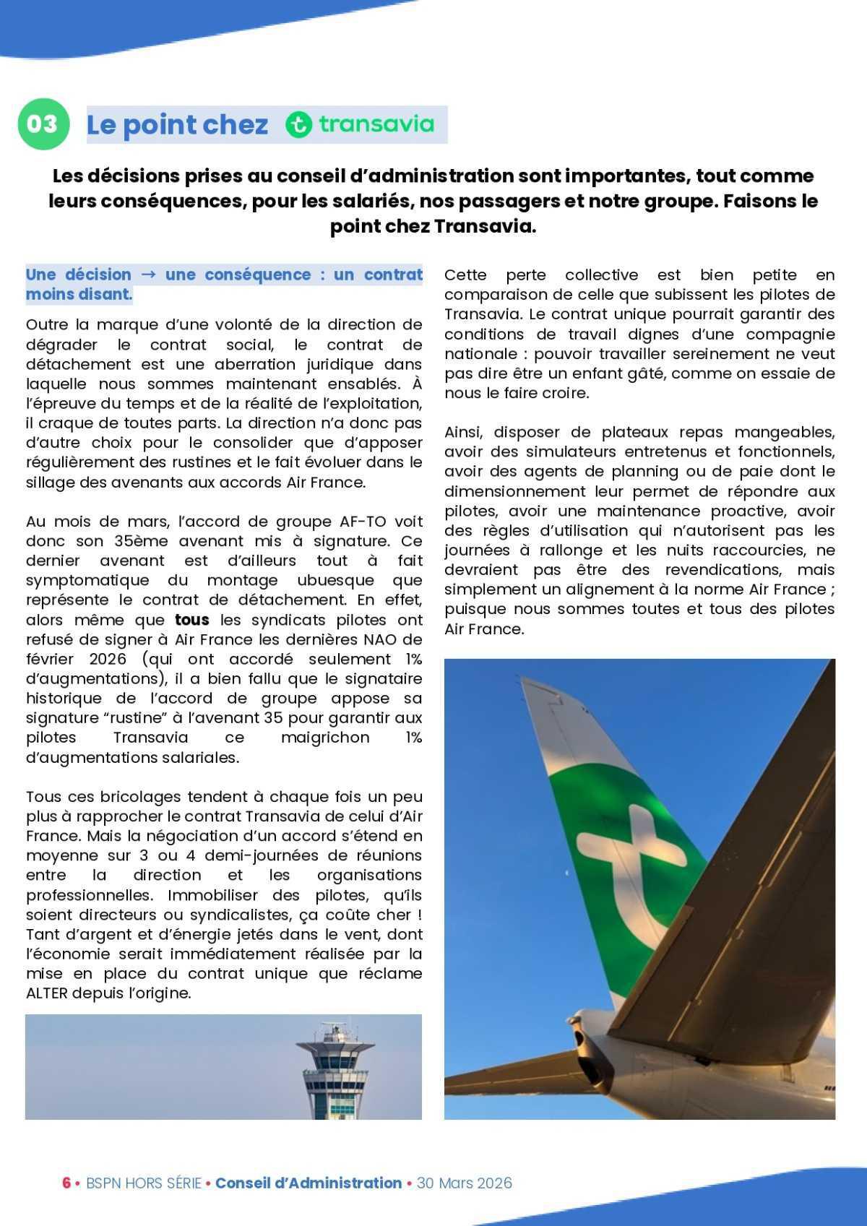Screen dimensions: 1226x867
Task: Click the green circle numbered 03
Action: pyautogui.click(x=43, y=124)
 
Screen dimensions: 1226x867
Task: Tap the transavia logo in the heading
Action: pyautogui.click(x=360, y=124)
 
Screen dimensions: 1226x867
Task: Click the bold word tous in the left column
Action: pyautogui.click(x=192, y=620)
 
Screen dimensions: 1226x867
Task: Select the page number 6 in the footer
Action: pyautogui.click(x=66, y=1183)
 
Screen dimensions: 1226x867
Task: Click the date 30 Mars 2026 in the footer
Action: pyautogui.click(x=465, y=1183)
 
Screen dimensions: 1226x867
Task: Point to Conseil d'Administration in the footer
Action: pyautogui.click(x=309, y=1183)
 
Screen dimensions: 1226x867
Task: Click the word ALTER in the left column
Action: pyautogui.click(x=47, y=993)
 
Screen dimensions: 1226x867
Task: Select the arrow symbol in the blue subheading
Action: pyautogui.click(x=148, y=275)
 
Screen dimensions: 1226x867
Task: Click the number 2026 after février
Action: pyautogui.click(x=108, y=659)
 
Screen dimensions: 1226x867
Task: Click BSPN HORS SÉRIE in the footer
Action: pyautogui.click(x=144, y=1183)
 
